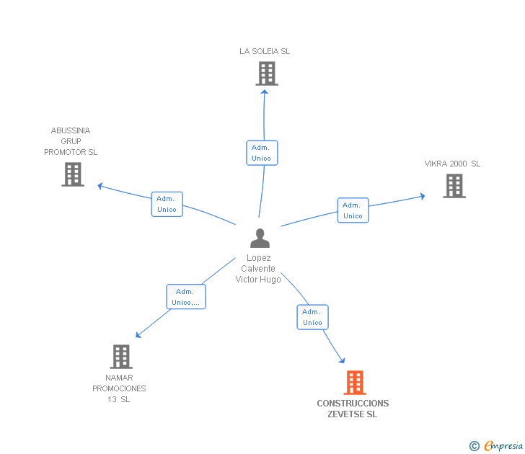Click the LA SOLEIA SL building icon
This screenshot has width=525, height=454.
coord(266,74)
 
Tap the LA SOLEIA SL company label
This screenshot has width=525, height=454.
coord(265,51)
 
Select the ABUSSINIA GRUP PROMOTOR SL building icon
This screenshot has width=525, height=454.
coord(73,174)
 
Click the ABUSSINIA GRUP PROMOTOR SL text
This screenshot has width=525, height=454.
coord(71,141)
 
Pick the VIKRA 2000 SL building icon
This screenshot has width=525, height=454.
coord(454,186)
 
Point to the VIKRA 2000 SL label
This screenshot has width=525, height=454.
coord(452,164)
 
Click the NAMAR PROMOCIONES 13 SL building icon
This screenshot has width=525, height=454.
coord(121,357)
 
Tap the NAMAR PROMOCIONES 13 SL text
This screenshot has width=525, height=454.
coord(119,388)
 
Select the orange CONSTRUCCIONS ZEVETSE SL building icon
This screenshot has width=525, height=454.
coord(355,383)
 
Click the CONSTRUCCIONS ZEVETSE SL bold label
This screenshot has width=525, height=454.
coord(353,409)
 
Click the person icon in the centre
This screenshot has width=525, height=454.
coord(260,238)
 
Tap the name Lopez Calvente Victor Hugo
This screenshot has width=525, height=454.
coord(258,269)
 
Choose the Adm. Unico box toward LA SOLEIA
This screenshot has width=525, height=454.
coord(262,153)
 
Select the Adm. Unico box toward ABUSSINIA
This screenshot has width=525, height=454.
coord(167,204)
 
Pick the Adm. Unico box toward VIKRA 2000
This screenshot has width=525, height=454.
coord(353,210)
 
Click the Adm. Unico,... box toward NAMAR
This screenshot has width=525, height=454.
coord(186,297)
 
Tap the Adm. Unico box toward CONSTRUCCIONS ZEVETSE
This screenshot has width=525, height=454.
coord(312,317)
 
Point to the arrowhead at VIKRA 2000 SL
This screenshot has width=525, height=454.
coord(422,195)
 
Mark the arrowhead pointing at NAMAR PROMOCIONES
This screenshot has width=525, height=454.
coord(138,335)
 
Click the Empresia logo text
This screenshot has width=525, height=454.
coord(503,446)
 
